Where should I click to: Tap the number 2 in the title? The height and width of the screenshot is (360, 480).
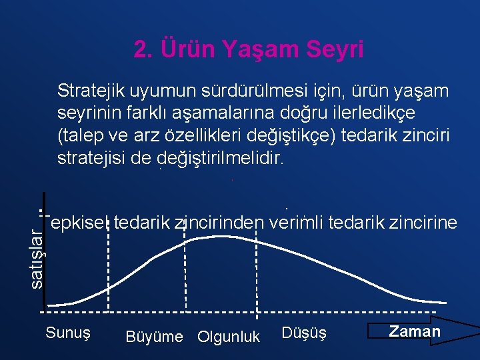(140, 49)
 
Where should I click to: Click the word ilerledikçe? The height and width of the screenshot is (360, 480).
(401, 113)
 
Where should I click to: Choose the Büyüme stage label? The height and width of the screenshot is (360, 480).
(153, 337)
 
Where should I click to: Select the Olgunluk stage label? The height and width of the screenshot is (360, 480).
(229, 337)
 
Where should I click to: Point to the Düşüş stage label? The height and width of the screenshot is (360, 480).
(305, 332)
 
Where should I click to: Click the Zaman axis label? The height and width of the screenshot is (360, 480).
(414, 331)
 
